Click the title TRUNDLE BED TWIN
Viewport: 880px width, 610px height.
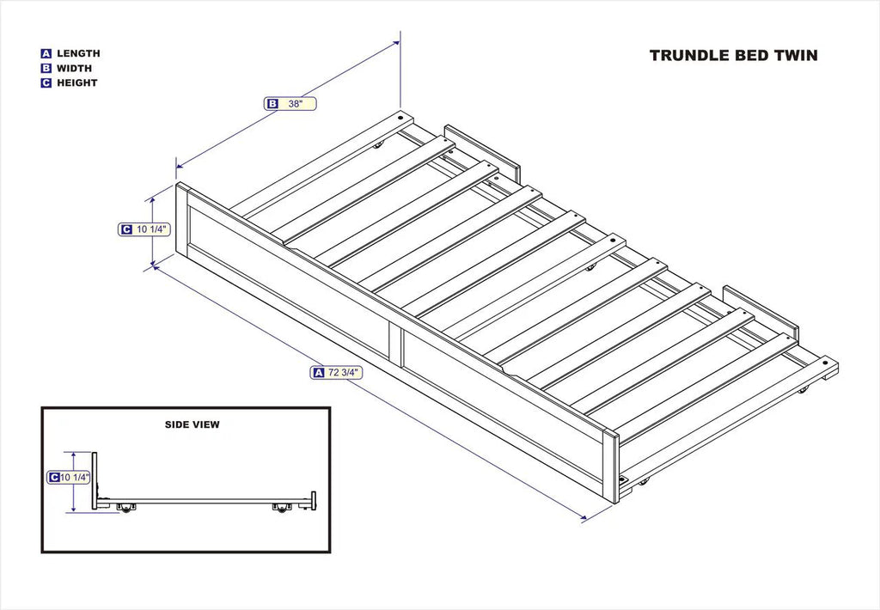[x=733, y=56]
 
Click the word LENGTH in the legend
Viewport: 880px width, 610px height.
[x=78, y=53]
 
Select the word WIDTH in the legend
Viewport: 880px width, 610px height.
[x=74, y=68]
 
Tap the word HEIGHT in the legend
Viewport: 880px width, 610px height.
[x=76, y=83]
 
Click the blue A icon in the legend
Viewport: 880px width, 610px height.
[x=46, y=53]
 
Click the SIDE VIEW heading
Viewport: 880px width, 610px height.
[x=192, y=424]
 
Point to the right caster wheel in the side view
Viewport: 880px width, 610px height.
[x=281, y=510]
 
